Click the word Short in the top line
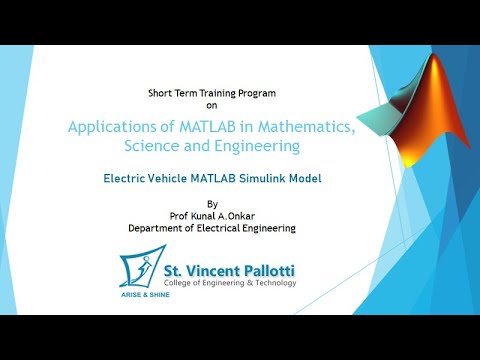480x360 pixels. [x=161, y=92]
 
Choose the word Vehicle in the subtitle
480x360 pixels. [x=179, y=181]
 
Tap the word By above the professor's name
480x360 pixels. [x=211, y=203]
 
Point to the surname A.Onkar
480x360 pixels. [x=244, y=215]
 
